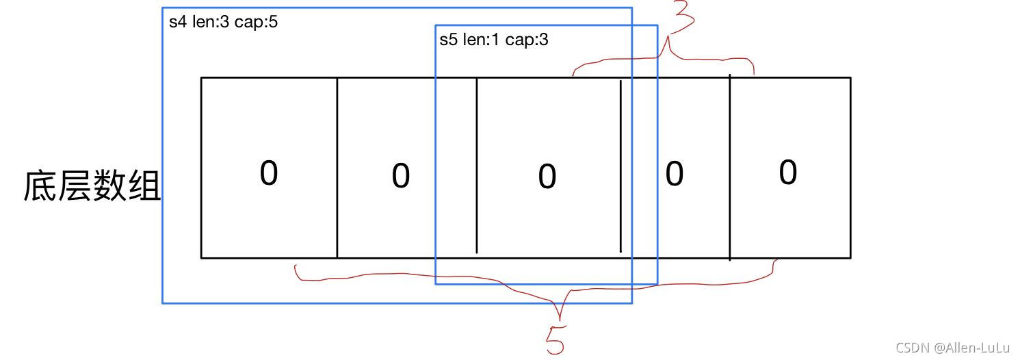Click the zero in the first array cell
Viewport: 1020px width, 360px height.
click(x=269, y=172)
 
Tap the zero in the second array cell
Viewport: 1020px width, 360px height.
click(x=400, y=176)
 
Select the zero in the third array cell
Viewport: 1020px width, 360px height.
click(x=547, y=177)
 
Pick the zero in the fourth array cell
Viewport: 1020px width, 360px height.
click(x=674, y=174)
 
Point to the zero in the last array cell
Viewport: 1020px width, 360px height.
click(x=787, y=172)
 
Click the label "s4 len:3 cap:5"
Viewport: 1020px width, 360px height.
click(x=223, y=22)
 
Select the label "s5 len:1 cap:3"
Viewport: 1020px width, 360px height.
click(x=493, y=40)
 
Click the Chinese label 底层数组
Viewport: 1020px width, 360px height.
click(x=92, y=185)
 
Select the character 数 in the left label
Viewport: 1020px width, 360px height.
click(x=109, y=185)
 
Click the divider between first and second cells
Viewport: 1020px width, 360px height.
click(x=337, y=168)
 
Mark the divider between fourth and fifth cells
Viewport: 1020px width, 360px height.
click(x=730, y=168)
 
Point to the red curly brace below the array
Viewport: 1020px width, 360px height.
click(x=534, y=284)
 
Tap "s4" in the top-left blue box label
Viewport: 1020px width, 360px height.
click(x=177, y=22)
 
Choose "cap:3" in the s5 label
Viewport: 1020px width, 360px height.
click(x=527, y=40)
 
